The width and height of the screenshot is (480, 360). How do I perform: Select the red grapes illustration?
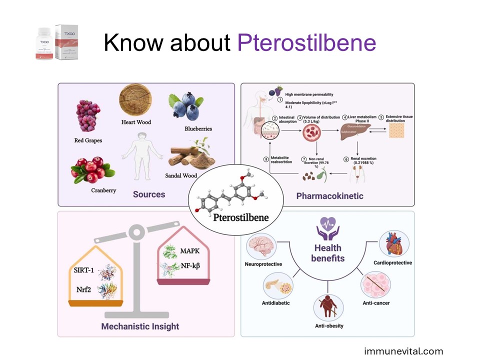88,115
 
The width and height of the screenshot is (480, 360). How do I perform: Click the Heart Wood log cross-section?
135,100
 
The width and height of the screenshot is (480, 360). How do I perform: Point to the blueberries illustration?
183,106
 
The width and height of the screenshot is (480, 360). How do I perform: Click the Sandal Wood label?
181,175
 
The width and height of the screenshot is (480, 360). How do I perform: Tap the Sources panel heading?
149,194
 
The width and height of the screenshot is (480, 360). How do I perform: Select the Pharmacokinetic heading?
330,195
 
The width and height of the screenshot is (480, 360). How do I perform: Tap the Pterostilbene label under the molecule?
241,217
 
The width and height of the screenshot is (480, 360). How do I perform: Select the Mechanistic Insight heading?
140,326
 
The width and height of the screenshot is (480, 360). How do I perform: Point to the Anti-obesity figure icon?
327,308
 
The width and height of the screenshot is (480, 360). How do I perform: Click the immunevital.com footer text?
403,351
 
